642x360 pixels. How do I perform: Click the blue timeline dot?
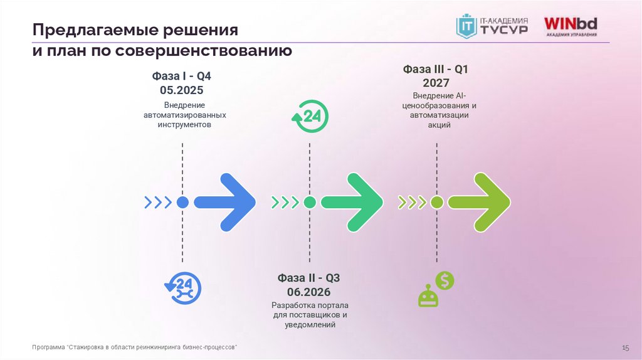[182, 202]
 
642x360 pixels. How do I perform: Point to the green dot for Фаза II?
[310, 202]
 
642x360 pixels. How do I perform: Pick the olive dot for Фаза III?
[437, 202]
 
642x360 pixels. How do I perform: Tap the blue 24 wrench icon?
[182, 289]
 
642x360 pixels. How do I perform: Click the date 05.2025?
[182, 90]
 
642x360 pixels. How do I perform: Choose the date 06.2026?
[309, 292]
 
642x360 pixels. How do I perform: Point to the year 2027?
[436, 82]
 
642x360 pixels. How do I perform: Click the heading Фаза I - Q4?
[182, 76]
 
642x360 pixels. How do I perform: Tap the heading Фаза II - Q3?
[309, 278]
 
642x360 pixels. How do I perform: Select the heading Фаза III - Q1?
[436, 69]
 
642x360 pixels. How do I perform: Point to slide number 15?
[624, 347]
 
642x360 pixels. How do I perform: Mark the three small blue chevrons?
[157, 202]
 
